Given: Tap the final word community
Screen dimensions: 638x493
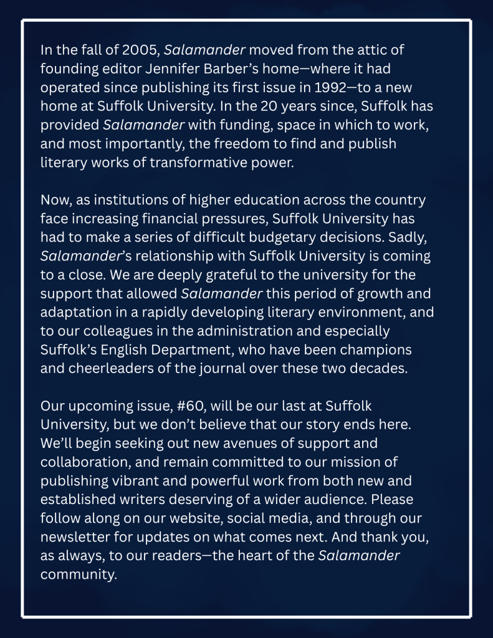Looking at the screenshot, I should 79,575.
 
